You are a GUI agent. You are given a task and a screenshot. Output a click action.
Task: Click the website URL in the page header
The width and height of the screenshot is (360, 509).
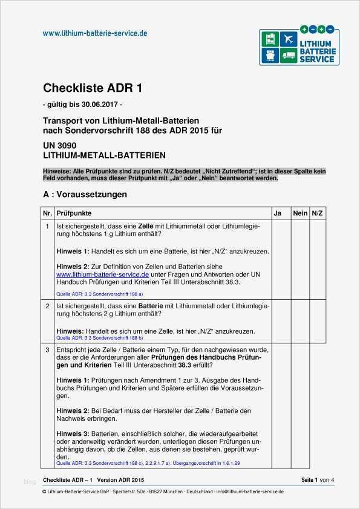95,33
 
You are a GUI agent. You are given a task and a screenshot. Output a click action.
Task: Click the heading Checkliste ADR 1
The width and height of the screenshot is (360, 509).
93,88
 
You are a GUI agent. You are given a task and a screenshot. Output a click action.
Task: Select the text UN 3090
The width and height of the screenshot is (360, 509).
59,146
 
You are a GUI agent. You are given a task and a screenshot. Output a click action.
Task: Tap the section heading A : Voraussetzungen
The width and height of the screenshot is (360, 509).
85,195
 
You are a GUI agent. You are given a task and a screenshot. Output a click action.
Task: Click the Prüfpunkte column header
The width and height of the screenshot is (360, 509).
74,213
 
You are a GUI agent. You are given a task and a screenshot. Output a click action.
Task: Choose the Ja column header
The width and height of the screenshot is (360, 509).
278,213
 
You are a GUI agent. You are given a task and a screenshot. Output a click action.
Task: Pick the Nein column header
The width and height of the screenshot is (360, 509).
300,213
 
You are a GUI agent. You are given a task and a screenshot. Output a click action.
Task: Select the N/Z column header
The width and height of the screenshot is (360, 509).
318,213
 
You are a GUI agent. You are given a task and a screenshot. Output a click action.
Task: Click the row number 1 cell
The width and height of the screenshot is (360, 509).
47,226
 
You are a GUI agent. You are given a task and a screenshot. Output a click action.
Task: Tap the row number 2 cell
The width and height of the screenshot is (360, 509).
47,306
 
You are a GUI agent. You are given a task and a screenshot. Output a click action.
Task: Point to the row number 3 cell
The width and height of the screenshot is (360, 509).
47,350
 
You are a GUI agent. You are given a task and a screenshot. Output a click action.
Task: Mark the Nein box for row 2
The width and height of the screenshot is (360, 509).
300,323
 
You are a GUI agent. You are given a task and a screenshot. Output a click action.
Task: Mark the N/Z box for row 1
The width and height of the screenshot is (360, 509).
318,260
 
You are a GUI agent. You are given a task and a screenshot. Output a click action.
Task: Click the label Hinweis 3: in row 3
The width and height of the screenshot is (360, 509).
73,433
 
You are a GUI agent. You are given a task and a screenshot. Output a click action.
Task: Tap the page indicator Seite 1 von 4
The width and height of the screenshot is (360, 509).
317,480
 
